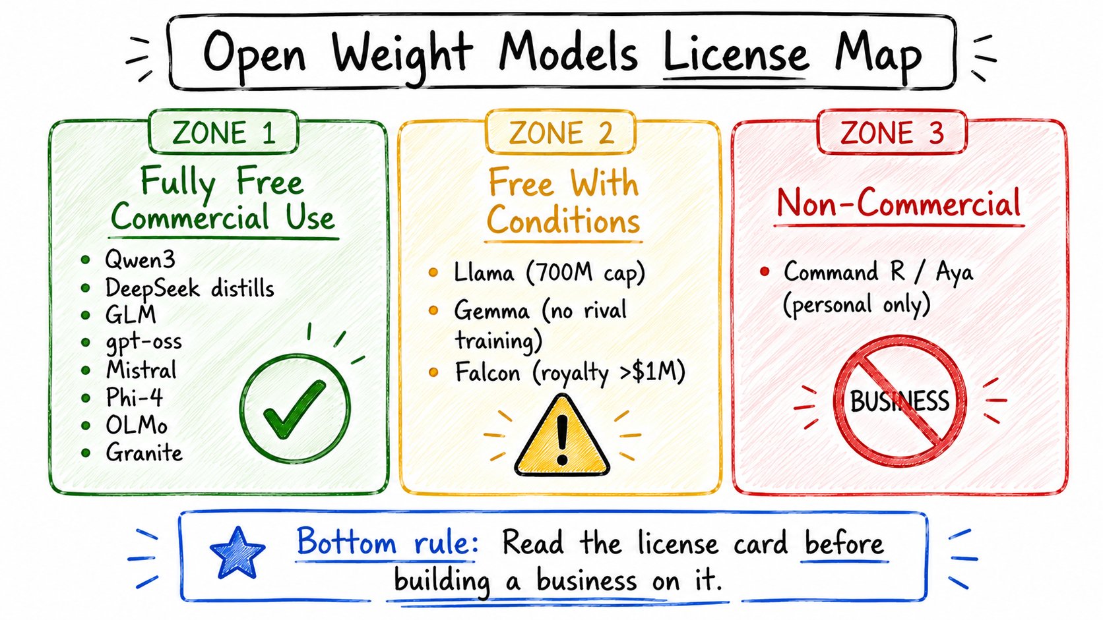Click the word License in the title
pyautogui.click(x=736, y=53)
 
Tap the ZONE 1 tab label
pyautogui.click(x=224, y=132)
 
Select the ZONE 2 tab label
pyautogui.click(x=561, y=132)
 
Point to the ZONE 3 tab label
pyautogui.click(x=892, y=132)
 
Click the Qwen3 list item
pyautogui.click(x=141, y=259)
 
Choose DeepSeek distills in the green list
pyautogui.click(x=189, y=288)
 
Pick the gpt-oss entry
pyautogui.click(x=144, y=342)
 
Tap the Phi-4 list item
pyautogui.click(x=135, y=397)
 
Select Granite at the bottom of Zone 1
pyautogui.click(x=144, y=453)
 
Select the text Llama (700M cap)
pyautogui.click(x=549, y=273)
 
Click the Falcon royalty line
pyautogui.click(x=570, y=373)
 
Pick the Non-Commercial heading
pyautogui.click(x=898, y=203)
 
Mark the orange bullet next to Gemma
pyautogui.click(x=433, y=310)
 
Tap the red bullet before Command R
pyautogui.click(x=764, y=271)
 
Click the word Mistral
pyautogui.click(x=141, y=370)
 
